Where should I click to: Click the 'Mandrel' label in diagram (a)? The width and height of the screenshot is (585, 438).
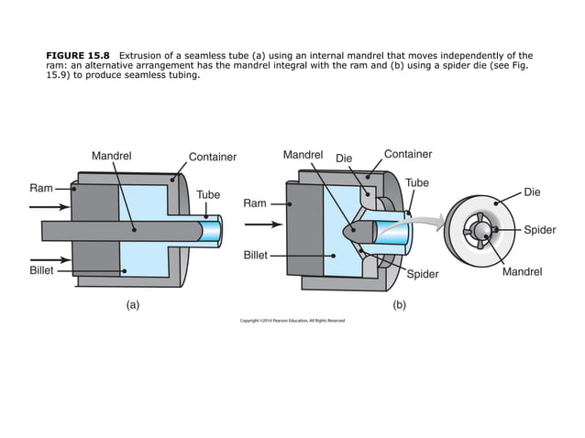[111, 156]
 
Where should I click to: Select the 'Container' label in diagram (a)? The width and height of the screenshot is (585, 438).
[212, 157]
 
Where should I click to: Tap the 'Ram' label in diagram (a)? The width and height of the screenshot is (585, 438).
[40, 188]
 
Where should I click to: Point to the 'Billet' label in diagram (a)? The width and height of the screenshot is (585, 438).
[39, 271]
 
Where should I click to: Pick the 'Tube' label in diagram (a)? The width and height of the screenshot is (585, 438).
[209, 195]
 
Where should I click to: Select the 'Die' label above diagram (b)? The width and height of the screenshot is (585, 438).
[344, 159]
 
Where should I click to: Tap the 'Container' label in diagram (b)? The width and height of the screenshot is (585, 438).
[407, 154]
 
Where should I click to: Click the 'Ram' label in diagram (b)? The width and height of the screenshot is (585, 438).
[254, 203]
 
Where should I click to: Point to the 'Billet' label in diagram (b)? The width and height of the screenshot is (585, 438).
[255, 255]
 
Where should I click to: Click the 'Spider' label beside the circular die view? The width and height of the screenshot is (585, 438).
[539, 230]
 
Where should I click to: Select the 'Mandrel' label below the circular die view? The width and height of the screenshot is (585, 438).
[523, 272]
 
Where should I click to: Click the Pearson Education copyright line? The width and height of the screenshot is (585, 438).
[292, 321]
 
